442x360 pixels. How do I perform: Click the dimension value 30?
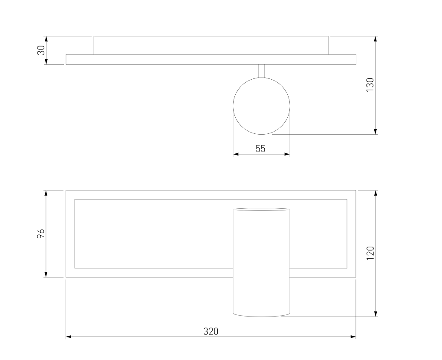click(x=41, y=50)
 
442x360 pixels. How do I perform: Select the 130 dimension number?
click(x=370, y=84)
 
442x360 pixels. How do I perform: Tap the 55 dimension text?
click(x=260, y=149)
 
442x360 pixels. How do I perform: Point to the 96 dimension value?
click(x=41, y=233)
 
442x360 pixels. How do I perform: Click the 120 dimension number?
click(x=370, y=253)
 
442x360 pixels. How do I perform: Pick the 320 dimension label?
click(x=211, y=331)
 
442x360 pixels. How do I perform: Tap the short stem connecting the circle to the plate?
click(x=262, y=71)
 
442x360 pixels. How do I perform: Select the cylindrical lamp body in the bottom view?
click(x=261, y=262)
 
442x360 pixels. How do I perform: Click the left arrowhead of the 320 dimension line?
click(x=69, y=337)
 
